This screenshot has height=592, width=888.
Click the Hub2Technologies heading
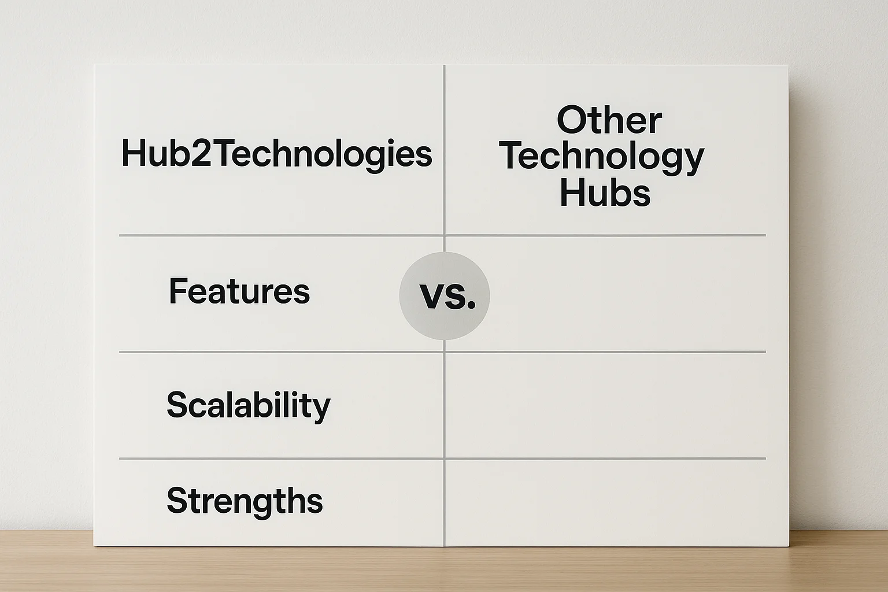click(x=276, y=155)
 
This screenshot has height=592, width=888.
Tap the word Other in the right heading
click(x=609, y=120)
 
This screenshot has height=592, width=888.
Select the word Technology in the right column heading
click(x=601, y=157)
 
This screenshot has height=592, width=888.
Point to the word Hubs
click(x=605, y=193)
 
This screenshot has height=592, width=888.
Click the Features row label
click(x=239, y=291)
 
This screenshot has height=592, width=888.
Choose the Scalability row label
click(x=248, y=405)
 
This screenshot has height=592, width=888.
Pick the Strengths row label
click(x=245, y=501)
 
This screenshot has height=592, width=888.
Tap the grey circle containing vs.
click(x=445, y=295)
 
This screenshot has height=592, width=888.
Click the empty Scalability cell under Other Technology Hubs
click(x=605, y=405)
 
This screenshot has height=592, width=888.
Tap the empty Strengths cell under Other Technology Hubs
click(x=605, y=501)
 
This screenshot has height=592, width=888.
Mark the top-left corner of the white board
click(x=94, y=65)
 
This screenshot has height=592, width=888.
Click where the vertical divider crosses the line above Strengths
click(x=445, y=458)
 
